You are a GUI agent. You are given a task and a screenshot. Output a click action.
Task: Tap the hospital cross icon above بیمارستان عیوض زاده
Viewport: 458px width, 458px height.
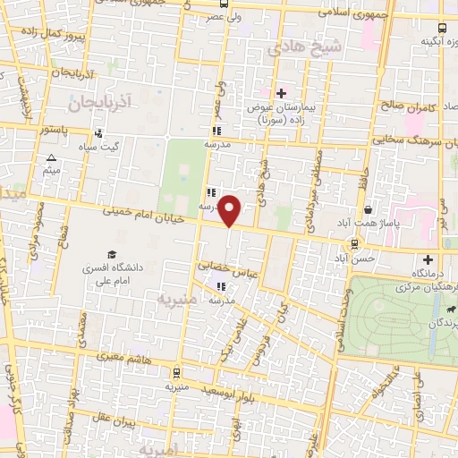pos(281,93)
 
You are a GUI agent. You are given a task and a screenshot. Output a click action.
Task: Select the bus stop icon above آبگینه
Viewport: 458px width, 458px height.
pos(445,27)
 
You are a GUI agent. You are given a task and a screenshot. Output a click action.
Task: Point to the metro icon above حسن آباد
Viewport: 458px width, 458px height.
pos(355,242)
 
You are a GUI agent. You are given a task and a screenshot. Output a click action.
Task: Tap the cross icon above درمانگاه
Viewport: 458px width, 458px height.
pos(427,259)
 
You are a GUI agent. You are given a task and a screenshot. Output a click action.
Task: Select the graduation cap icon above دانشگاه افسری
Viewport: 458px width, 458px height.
pos(111,254)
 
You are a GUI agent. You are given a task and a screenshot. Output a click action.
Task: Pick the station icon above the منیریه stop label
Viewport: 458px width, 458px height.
pos(175,372)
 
